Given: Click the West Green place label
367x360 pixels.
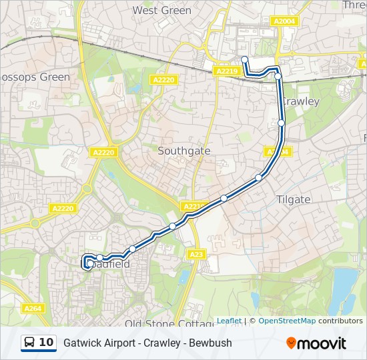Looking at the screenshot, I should point(161,11).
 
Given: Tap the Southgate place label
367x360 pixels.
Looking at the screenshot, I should point(183,151).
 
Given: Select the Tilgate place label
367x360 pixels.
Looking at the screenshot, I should point(293,199).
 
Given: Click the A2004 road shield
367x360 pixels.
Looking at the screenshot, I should point(284,21).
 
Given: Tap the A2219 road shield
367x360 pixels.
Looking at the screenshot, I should point(227,71).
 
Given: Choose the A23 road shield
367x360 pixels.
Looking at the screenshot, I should point(196,254).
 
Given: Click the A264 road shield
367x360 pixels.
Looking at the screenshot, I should point(33,308).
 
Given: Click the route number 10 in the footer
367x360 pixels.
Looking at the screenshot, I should point(47,343).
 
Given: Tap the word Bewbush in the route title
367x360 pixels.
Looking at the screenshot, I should point(210,343).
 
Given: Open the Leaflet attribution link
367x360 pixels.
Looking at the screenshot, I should point(229,321).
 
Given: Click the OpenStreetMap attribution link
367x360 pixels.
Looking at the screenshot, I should point(287,321).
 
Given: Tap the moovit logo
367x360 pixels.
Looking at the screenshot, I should point(316,343).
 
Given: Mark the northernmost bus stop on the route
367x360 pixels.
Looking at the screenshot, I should point(245,60).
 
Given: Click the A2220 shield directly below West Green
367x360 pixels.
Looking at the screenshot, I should point(163,80).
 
